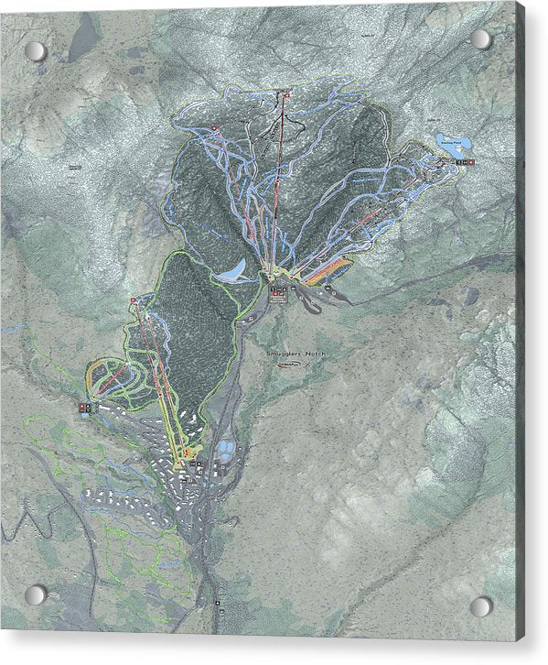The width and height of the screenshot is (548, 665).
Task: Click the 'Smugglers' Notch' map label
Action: [x=295, y=353]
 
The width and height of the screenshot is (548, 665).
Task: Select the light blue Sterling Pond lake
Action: [x=454, y=145]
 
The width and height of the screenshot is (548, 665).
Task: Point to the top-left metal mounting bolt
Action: [x=34, y=50]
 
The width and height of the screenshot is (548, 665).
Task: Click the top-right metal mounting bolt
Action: [x=480, y=39]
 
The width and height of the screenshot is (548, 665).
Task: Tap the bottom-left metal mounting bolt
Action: [x=35, y=594]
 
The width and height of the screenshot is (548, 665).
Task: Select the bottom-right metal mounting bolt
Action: [x=480, y=606]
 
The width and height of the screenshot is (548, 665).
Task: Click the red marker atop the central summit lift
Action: [x=286, y=95]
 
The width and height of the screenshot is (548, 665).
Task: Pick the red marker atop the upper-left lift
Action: [x=214, y=127]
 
